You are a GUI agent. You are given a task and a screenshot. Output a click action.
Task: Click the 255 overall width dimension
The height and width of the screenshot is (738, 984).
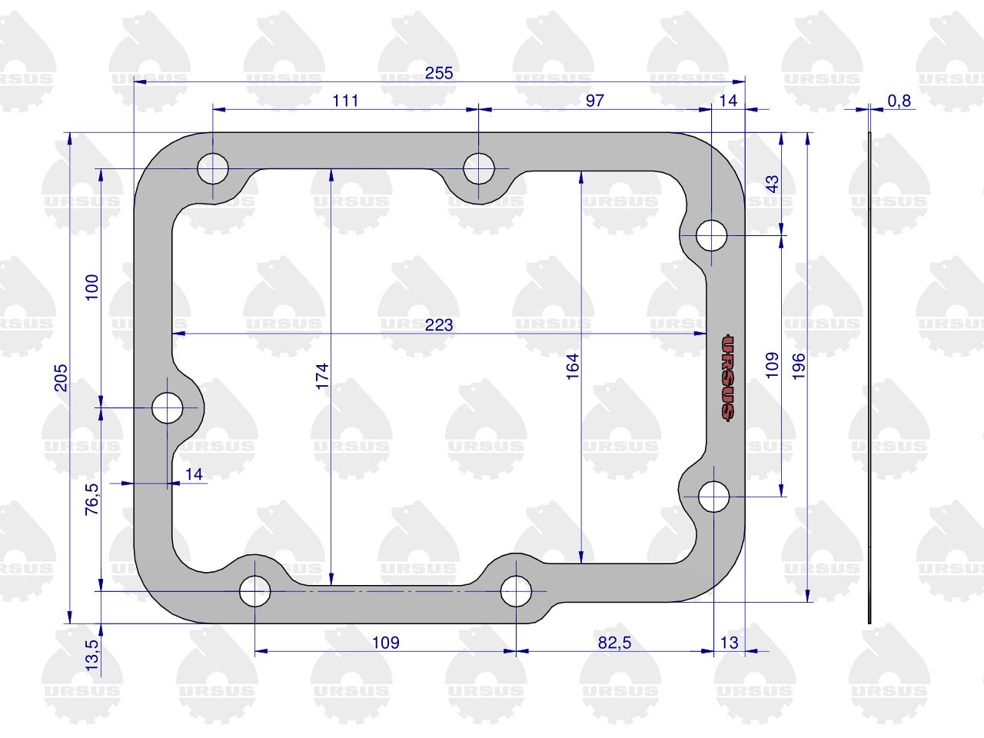pyautogui.click(x=439, y=73)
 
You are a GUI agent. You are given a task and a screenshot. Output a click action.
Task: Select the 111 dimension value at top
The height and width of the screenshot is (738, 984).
pyautogui.click(x=345, y=101)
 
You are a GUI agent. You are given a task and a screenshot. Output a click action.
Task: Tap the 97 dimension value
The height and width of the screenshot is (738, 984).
pyautogui.click(x=595, y=101)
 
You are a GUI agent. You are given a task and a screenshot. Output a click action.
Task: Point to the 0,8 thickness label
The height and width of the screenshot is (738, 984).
pyautogui.click(x=899, y=101)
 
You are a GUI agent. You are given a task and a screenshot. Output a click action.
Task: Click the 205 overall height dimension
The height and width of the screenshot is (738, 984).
pyautogui.click(x=61, y=377)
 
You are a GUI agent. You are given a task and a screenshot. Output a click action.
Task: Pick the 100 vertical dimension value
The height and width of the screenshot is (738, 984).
pyautogui.click(x=92, y=288)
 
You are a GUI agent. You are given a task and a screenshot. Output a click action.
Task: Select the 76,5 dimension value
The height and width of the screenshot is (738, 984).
pyautogui.click(x=92, y=499)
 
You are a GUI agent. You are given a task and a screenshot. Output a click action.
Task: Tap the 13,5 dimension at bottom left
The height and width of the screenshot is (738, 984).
pyautogui.click(x=92, y=655)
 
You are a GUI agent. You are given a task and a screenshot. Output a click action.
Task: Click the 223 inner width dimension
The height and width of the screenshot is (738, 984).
pyautogui.click(x=439, y=325)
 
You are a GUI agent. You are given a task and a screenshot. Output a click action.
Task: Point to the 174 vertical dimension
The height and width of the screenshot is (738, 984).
pyautogui.click(x=322, y=377)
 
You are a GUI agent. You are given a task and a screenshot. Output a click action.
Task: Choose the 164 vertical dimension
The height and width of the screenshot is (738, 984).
pyautogui.click(x=573, y=367)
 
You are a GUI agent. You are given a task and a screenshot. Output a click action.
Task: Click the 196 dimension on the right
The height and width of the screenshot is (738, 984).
pyautogui.click(x=799, y=367)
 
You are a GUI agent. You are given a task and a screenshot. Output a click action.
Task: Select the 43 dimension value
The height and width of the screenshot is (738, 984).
pyautogui.click(x=773, y=184)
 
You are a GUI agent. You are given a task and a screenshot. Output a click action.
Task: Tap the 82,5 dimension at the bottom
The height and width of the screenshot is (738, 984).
pyautogui.click(x=614, y=643)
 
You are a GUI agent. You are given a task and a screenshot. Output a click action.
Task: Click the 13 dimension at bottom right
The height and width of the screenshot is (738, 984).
pyautogui.click(x=729, y=643)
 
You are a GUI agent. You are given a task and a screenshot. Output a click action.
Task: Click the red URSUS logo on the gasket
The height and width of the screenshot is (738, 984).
pyautogui.click(x=727, y=377)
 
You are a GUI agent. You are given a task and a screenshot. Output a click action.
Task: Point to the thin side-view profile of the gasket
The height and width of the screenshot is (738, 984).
pyautogui.click(x=869, y=377)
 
